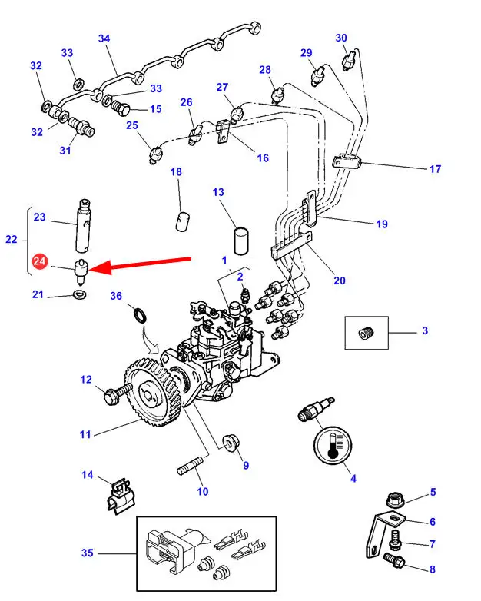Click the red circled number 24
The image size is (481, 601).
click(40, 264)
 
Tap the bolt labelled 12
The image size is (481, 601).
click(113, 396)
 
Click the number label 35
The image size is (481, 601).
click(87, 553)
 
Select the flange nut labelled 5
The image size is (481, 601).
click(396, 499)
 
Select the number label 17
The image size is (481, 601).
click(435, 169)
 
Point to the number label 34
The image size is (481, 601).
click(104, 38)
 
